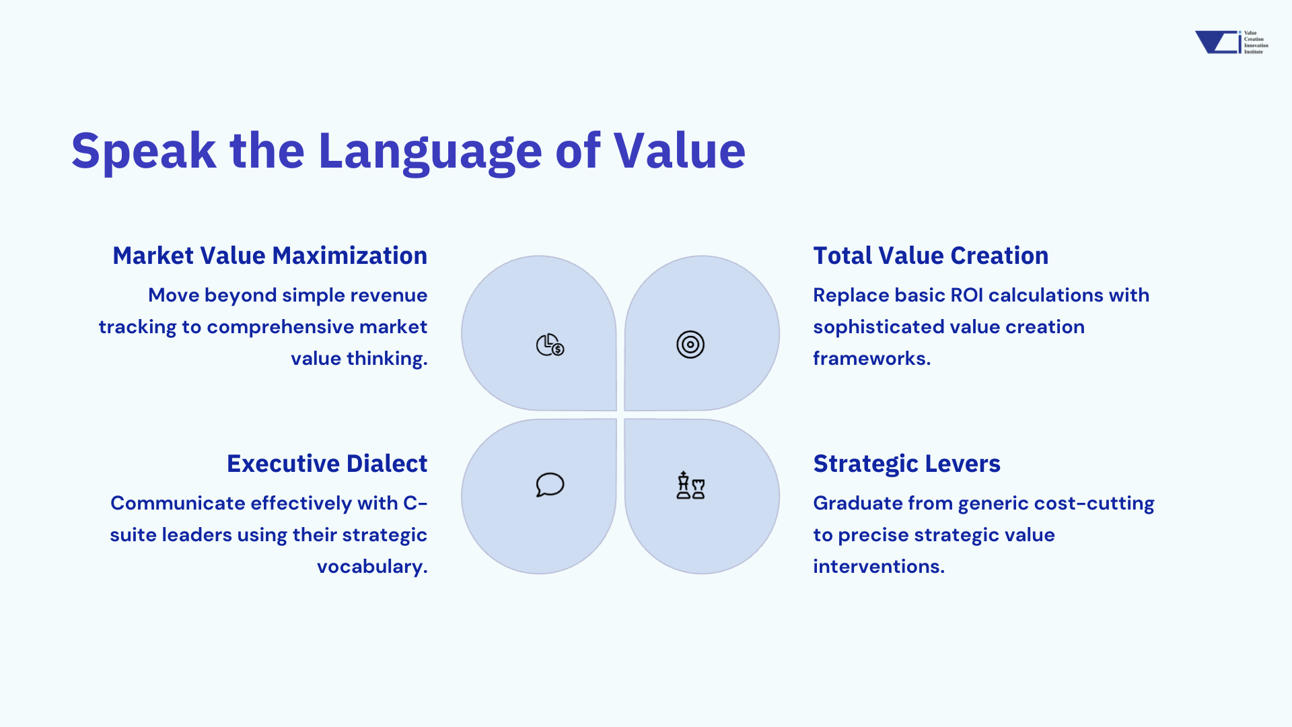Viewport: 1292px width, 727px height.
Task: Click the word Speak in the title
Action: (x=144, y=150)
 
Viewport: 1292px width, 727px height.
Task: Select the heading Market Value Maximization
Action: (x=270, y=256)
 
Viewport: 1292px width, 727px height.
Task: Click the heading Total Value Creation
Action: (x=931, y=256)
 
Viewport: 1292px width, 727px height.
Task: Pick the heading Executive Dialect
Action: (x=327, y=464)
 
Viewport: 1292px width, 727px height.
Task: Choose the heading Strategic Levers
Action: (x=906, y=464)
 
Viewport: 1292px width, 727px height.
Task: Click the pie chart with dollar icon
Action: (x=550, y=345)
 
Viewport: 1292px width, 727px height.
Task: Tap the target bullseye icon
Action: (x=690, y=345)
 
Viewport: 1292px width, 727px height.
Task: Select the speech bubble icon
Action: (x=550, y=485)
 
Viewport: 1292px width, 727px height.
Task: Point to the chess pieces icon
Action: (x=690, y=485)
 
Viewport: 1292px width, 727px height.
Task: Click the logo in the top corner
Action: (x=1231, y=42)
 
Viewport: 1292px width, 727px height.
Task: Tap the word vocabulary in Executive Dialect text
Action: (x=370, y=567)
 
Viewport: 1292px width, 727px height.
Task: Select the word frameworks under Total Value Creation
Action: (x=869, y=358)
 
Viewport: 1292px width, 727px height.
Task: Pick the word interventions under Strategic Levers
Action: (x=876, y=566)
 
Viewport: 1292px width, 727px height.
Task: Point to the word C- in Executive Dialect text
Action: (x=415, y=504)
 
